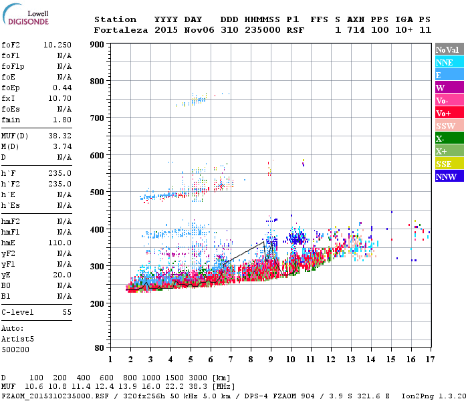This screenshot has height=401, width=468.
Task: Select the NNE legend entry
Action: click(x=449, y=62)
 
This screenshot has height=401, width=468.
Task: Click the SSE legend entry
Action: click(x=449, y=164)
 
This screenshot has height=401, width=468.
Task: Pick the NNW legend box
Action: click(x=449, y=176)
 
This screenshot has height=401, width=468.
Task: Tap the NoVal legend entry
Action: click(x=449, y=49)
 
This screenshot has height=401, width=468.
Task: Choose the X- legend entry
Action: click(x=449, y=138)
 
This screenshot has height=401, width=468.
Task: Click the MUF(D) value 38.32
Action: click(x=61, y=135)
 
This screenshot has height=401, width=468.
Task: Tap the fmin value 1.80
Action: click(x=63, y=120)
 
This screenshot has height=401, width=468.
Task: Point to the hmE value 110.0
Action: click(x=61, y=243)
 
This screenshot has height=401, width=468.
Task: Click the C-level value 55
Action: click(x=67, y=312)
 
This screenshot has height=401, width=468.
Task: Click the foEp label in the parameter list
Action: click(x=11, y=88)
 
